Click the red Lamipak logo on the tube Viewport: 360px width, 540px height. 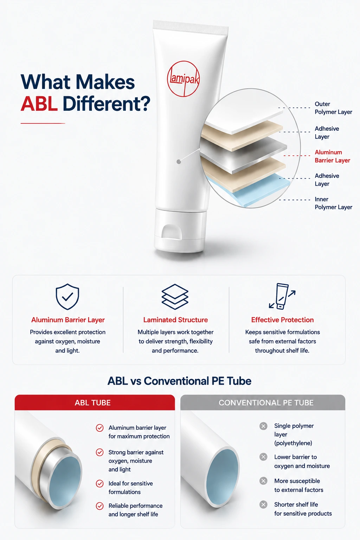[183, 79]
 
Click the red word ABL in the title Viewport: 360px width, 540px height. [39, 104]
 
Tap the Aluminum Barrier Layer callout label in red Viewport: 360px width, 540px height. [332, 156]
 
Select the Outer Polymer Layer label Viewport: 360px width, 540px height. [333, 108]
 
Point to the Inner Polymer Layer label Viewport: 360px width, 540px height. [333, 203]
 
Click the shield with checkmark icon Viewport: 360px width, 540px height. [67, 296]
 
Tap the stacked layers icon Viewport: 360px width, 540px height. [175, 297]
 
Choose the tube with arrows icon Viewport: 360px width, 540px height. [282, 296]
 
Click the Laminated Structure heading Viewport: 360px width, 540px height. [175, 320]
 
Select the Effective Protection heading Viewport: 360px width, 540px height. [282, 320]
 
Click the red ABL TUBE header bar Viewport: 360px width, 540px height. [95, 402]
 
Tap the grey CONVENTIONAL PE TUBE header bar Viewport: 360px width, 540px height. [263, 402]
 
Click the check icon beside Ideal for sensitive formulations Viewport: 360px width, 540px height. [99, 484]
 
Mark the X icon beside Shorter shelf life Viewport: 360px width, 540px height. [263, 504]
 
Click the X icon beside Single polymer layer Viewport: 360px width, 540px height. [263, 426]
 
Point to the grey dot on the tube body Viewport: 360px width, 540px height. [179, 162]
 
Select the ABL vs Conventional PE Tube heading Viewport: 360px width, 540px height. [179, 381]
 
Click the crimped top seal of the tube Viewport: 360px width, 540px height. [191, 27]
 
